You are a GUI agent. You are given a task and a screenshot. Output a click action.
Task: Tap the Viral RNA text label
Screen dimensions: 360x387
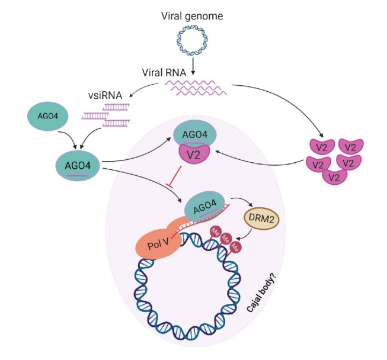(x=164, y=74)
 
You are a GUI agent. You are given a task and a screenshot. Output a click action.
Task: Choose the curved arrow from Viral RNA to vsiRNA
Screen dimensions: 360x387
(x=136, y=90)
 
